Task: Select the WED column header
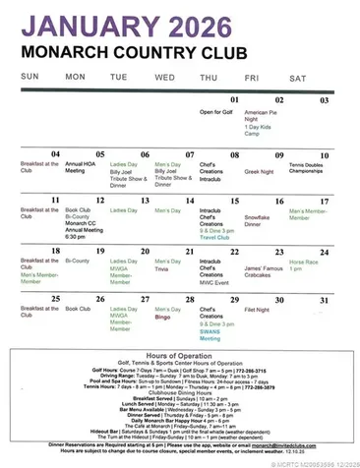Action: pyautogui.click(x=164, y=77)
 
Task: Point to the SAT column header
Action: pyautogui.click(x=297, y=77)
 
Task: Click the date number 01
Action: pyautogui.click(x=235, y=99)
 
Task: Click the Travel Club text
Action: pyautogui.click(x=215, y=237)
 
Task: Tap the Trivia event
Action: pyautogui.click(x=163, y=267)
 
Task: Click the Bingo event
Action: pyautogui.click(x=162, y=318)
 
